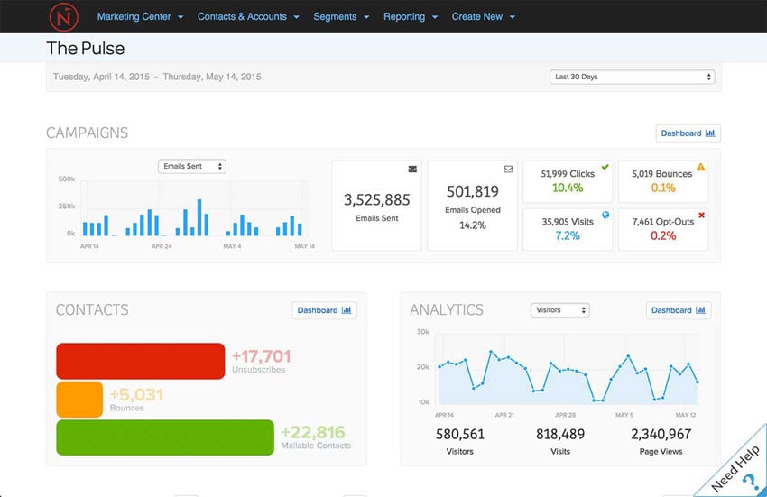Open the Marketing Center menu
pyautogui.click(x=140, y=16)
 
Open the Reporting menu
pyautogui.click(x=410, y=16)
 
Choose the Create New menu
pyautogui.click(x=484, y=16)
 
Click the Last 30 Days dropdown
pyautogui.click(x=632, y=77)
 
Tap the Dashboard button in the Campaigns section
pyautogui.click(x=688, y=133)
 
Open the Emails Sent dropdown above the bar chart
pyautogui.click(x=191, y=167)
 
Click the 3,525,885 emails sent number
pyautogui.click(x=376, y=200)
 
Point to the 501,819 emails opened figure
pyautogui.click(x=473, y=191)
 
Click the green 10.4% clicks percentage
pyautogui.click(x=568, y=188)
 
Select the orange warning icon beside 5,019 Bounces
pyautogui.click(x=701, y=167)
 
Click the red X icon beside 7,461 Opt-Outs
pyautogui.click(x=701, y=216)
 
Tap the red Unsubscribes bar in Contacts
pyautogui.click(x=140, y=361)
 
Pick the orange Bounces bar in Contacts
pyautogui.click(x=79, y=400)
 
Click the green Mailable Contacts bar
pyautogui.click(x=165, y=437)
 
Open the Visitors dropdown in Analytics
pyautogui.click(x=559, y=310)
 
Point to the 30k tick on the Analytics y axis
pyautogui.click(x=422, y=332)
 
